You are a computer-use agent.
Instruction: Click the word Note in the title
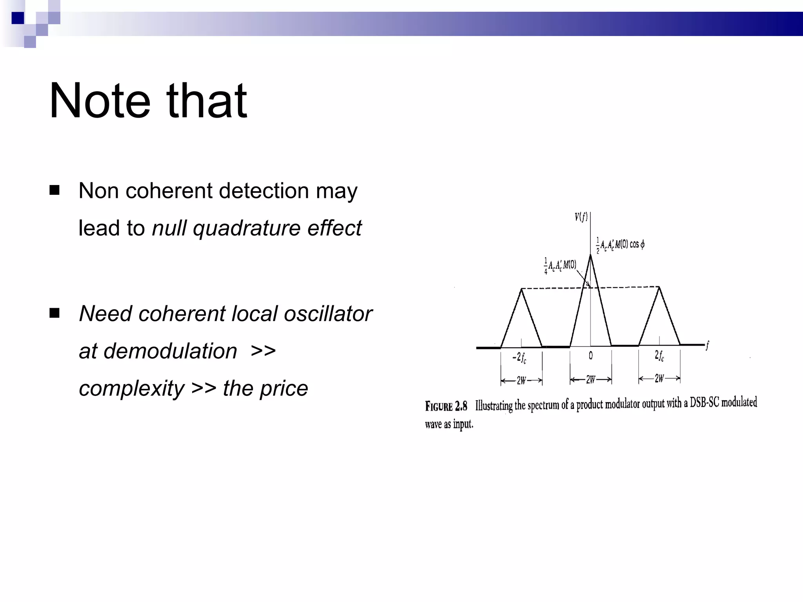(x=100, y=101)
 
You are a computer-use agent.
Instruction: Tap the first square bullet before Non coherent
(x=55, y=190)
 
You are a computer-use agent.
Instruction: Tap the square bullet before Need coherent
(x=55, y=313)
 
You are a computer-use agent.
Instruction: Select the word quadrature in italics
(x=247, y=228)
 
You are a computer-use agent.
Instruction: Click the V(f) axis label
(x=581, y=217)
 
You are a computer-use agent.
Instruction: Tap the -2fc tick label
(x=519, y=358)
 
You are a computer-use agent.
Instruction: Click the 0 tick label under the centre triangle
(x=590, y=356)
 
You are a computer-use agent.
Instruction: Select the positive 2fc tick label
(x=659, y=356)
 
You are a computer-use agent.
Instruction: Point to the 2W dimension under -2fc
(x=521, y=381)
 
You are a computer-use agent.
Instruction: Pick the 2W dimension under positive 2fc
(x=659, y=379)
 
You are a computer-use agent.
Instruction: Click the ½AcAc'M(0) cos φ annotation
(x=620, y=245)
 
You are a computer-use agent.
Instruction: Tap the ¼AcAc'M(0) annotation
(x=560, y=265)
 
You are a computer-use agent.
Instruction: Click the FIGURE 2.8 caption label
(x=446, y=406)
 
